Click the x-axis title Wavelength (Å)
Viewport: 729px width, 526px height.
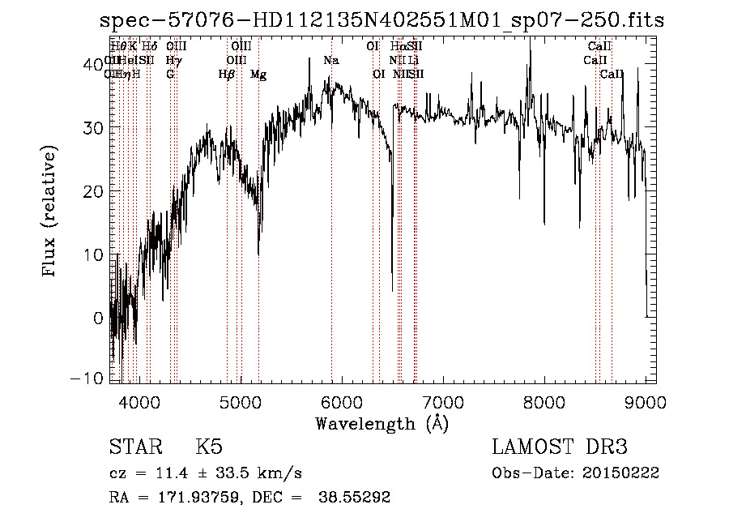click(x=382, y=423)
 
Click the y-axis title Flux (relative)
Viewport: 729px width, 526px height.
click(x=50, y=212)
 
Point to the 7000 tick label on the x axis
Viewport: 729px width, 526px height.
click(x=442, y=402)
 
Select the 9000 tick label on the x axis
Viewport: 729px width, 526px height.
click(x=645, y=402)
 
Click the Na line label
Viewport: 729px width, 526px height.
click(x=330, y=61)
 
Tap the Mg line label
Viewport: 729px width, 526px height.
click(x=258, y=75)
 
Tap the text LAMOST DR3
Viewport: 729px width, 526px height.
click(x=559, y=447)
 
